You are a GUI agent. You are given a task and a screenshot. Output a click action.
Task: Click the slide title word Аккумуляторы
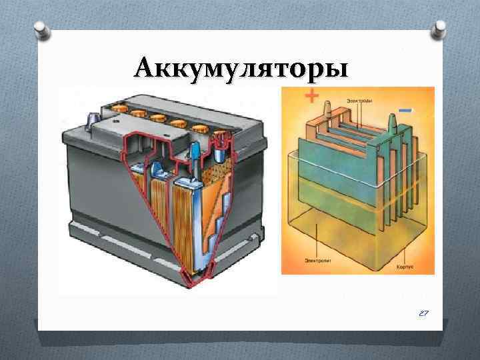tap(240, 67)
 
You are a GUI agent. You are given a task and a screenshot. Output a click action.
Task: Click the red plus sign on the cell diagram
tap(311, 96)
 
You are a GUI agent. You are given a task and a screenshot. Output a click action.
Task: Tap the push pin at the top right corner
tap(439, 28)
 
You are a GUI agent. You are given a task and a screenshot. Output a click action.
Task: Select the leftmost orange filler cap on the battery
tap(120, 105)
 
